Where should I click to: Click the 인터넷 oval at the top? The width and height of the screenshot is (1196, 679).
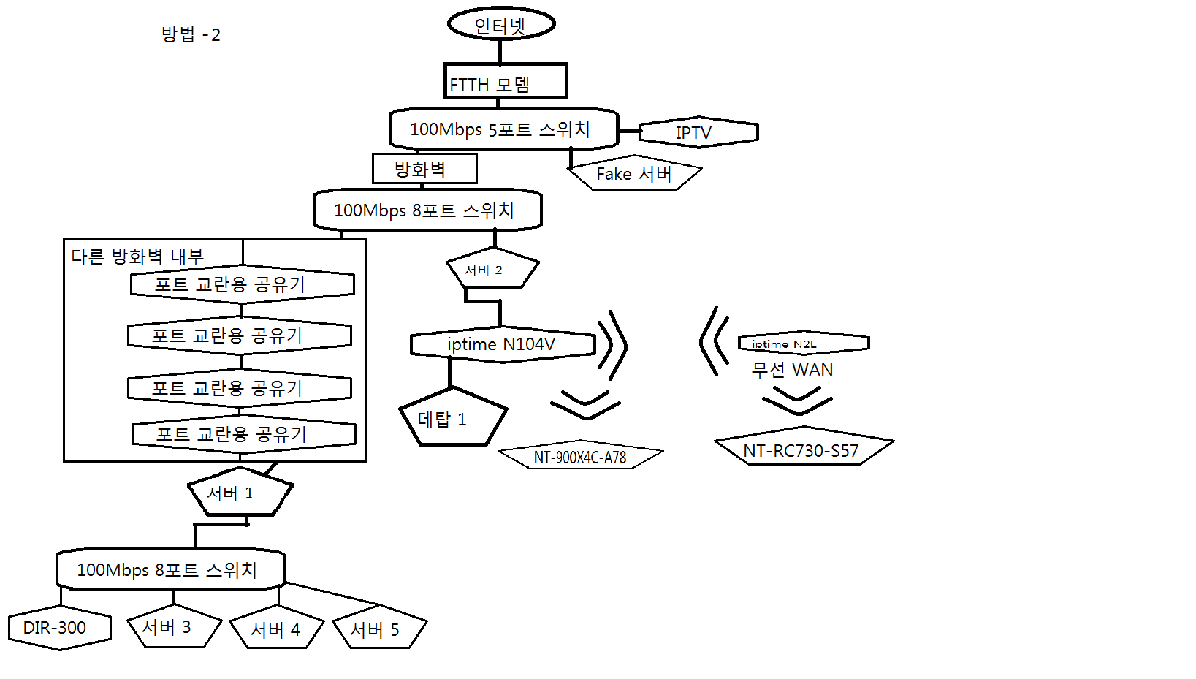click(501, 24)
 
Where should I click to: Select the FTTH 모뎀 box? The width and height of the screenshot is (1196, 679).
click(505, 81)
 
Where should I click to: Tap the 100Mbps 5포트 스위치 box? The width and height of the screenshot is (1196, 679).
click(503, 129)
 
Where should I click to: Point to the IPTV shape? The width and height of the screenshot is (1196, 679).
click(698, 132)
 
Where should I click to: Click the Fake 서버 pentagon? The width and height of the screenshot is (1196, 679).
click(633, 174)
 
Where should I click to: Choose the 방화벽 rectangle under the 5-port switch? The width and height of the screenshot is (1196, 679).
click(424, 169)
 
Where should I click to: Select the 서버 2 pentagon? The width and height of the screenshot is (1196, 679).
click(492, 270)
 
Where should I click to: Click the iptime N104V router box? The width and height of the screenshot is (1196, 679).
click(503, 344)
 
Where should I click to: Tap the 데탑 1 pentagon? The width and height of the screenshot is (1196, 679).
click(452, 420)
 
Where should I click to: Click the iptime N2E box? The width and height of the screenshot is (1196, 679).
click(803, 344)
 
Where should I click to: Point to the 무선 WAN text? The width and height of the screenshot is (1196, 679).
click(792, 370)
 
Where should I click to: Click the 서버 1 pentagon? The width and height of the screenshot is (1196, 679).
click(239, 493)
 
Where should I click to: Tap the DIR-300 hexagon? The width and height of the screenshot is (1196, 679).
click(59, 628)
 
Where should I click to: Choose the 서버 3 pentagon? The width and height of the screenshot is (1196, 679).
click(172, 627)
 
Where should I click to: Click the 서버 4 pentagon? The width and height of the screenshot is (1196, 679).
click(276, 629)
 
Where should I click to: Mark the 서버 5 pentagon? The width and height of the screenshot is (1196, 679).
click(378, 629)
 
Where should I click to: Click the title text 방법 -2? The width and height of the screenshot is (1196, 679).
click(191, 34)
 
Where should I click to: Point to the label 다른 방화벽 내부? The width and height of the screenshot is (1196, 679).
click(137, 257)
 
